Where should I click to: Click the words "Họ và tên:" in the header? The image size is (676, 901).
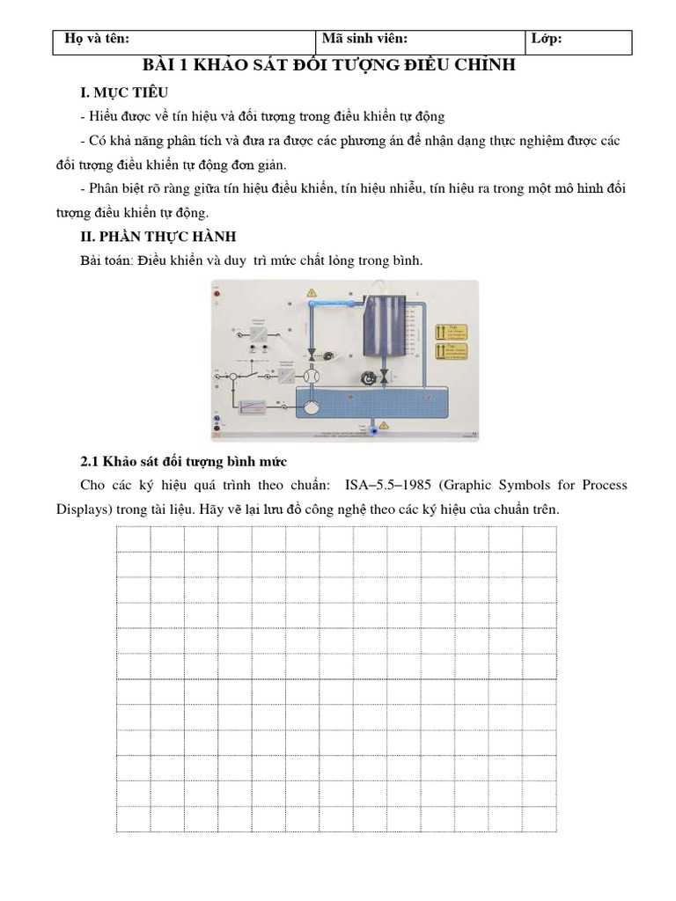click(92, 39)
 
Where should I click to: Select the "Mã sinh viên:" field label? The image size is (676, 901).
click(364, 39)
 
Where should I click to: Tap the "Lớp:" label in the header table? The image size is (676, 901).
click(547, 39)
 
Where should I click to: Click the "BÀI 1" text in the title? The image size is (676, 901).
click(166, 66)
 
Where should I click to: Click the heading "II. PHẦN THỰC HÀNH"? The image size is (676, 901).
click(158, 237)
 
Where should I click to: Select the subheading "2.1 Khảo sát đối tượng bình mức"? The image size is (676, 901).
click(184, 461)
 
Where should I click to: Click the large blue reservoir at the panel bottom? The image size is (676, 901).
click(370, 407)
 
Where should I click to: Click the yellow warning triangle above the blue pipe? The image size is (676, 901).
click(310, 292)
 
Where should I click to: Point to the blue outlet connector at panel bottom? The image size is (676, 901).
click(372, 430)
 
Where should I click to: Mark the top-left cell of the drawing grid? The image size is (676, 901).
click(134, 538)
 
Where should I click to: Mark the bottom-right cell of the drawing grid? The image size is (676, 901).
click(540, 819)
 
